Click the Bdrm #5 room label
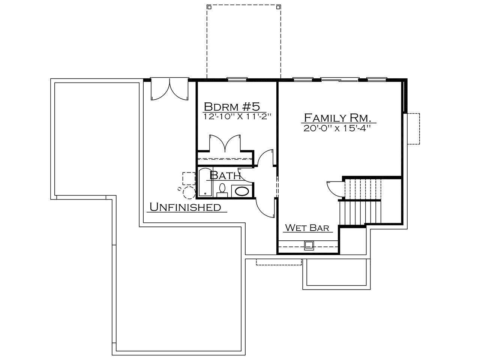point(232,106)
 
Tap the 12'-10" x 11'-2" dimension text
point(237,117)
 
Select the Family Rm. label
point(337,118)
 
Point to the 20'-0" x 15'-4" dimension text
point(337,128)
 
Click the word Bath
point(225,175)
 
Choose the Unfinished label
point(186,207)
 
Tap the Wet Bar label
point(307,228)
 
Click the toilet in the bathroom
point(222,191)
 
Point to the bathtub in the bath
point(205,182)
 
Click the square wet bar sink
point(309,246)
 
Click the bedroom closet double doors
point(225,143)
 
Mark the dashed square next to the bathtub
point(189,178)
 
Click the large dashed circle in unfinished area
point(189,192)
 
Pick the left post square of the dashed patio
point(209,7)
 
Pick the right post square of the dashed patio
point(278,7)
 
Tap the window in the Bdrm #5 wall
point(237,79)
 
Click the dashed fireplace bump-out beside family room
point(413,129)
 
